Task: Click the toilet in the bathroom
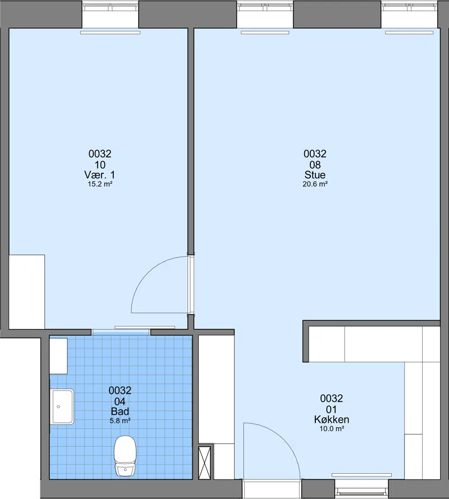(125, 456)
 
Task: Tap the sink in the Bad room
(63, 406)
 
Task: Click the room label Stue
(315, 175)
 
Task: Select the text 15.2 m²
(100, 184)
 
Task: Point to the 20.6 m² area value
(315, 184)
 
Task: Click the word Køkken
(331, 419)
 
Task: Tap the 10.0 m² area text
(332, 429)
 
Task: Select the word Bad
(120, 411)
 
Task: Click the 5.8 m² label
(120, 421)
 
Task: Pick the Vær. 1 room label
(100, 175)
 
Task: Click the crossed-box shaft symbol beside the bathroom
(205, 463)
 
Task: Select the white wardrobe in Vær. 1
(27, 292)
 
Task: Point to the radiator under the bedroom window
(110, 33)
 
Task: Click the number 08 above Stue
(315, 164)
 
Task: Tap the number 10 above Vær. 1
(100, 164)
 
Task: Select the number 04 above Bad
(120, 401)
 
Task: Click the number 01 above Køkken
(331, 409)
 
